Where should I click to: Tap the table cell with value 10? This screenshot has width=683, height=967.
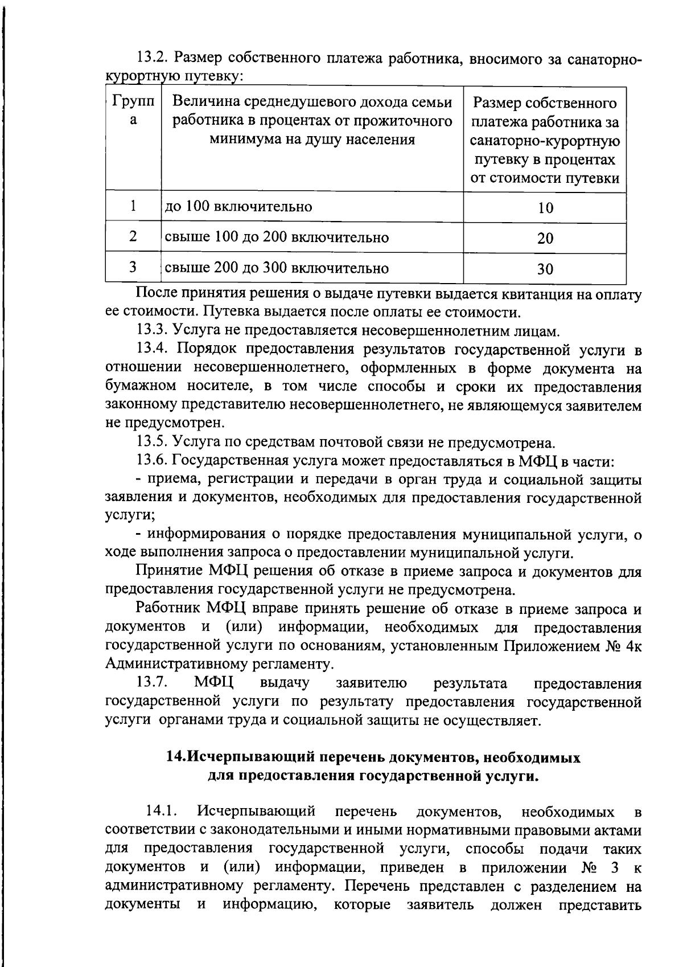coord(545,208)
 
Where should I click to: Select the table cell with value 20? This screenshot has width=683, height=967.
coord(545,238)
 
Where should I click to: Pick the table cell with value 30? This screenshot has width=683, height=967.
coord(545,269)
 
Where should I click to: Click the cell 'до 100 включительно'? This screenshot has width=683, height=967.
coord(238,206)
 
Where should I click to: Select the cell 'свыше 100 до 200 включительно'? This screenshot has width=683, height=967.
coord(277,237)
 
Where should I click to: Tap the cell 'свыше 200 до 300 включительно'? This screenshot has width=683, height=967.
coord(277,268)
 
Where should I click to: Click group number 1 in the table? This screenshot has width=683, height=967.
coord(133,206)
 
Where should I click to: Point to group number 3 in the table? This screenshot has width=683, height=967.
coord(133,267)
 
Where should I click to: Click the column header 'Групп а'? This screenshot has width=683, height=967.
coord(133,111)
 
